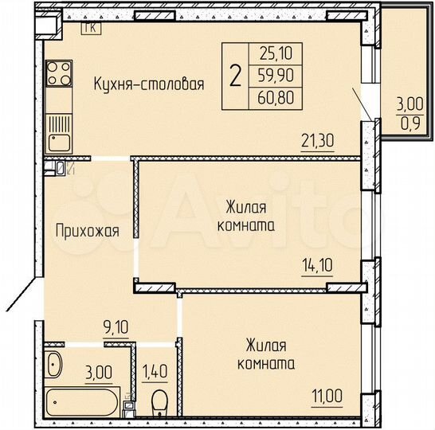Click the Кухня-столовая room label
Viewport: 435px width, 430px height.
(149, 84)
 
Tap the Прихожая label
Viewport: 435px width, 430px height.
(87, 232)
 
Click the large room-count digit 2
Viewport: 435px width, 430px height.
(235, 77)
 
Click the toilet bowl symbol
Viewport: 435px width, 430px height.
(159, 398)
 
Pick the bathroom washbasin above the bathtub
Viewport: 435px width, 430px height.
(54, 365)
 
